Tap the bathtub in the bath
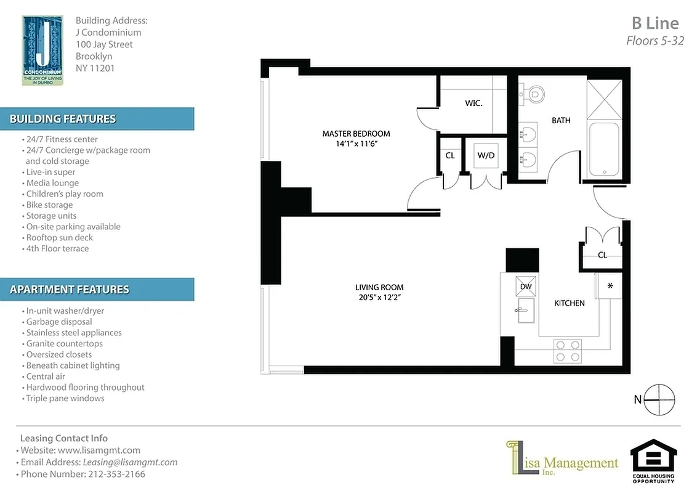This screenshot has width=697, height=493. pyautogui.click(x=605, y=150)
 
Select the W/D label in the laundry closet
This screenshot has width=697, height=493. pyautogui.click(x=486, y=155)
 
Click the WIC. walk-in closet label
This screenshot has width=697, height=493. pyautogui.click(x=473, y=104)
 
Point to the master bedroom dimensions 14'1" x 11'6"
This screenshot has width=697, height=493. pyautogui.click(x=356, y=144)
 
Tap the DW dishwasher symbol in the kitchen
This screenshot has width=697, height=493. pyautogui.click(x=526, y=286)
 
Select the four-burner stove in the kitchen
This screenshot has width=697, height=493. pyautogui.click(x=568, y=350)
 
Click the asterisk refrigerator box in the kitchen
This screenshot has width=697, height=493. pyautogui.click(x=610, y=287)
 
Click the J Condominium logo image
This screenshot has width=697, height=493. pyautogui.click(x=42, y=50)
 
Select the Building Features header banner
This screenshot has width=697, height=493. pyautogui.click(x=97, y=119)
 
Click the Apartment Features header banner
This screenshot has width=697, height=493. pyautogui.click(x=97, y=289)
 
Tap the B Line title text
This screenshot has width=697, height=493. pyautogui.click(x=655, y=23)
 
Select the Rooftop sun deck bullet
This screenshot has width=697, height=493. pyautogui.click(x=59, y=237)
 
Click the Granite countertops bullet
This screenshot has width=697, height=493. pyautogui.click(x=64, y=343)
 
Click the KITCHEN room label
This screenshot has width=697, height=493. pyautogui.click(x=569, y=303)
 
